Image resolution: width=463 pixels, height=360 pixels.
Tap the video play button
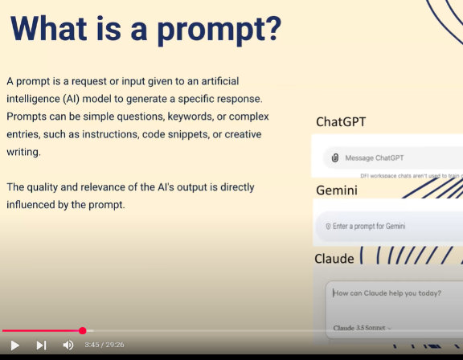coord(14,345)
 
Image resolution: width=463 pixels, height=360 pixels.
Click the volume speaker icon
coord(68,345)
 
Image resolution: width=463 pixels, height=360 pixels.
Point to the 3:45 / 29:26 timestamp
coord(104,345)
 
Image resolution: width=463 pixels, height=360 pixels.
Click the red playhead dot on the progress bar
coord(83,330)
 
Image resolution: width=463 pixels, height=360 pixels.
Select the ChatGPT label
coord(341,122)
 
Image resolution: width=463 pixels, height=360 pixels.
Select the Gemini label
coord(338,191)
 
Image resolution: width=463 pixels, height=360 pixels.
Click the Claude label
coord(334,259)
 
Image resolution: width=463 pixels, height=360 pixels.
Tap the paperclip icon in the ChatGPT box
coord(334,157)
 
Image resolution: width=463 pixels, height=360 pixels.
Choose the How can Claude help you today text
coord(387,293)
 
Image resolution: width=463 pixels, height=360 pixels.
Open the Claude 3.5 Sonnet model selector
coord(363,328)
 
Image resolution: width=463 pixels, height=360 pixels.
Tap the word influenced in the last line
coord(31,205)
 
